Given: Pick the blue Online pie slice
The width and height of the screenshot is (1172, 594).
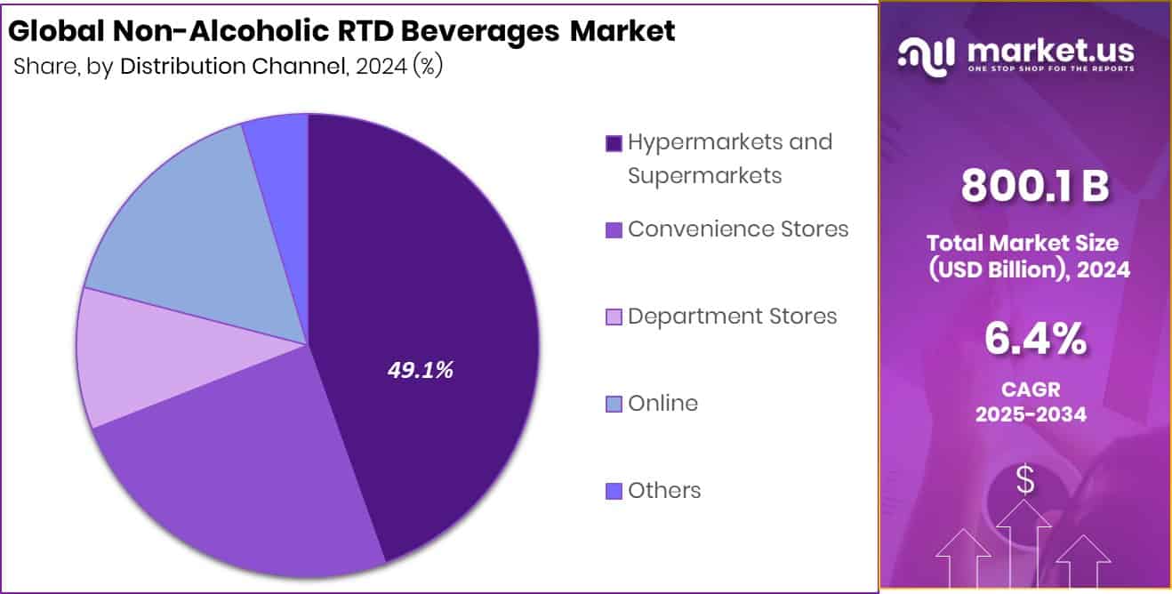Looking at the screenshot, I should [196, 231].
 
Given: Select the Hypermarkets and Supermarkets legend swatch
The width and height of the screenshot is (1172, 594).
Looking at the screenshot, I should [614, 143].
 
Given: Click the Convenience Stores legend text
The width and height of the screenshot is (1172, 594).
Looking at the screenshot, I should [738, 229].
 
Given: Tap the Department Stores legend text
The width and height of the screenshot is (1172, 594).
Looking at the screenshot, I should [732, 317].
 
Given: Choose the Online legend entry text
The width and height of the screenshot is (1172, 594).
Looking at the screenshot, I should [662, 404].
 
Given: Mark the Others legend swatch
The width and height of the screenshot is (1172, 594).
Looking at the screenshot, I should [614, 491].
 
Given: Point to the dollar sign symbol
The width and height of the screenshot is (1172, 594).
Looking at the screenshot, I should [1025, 480].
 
